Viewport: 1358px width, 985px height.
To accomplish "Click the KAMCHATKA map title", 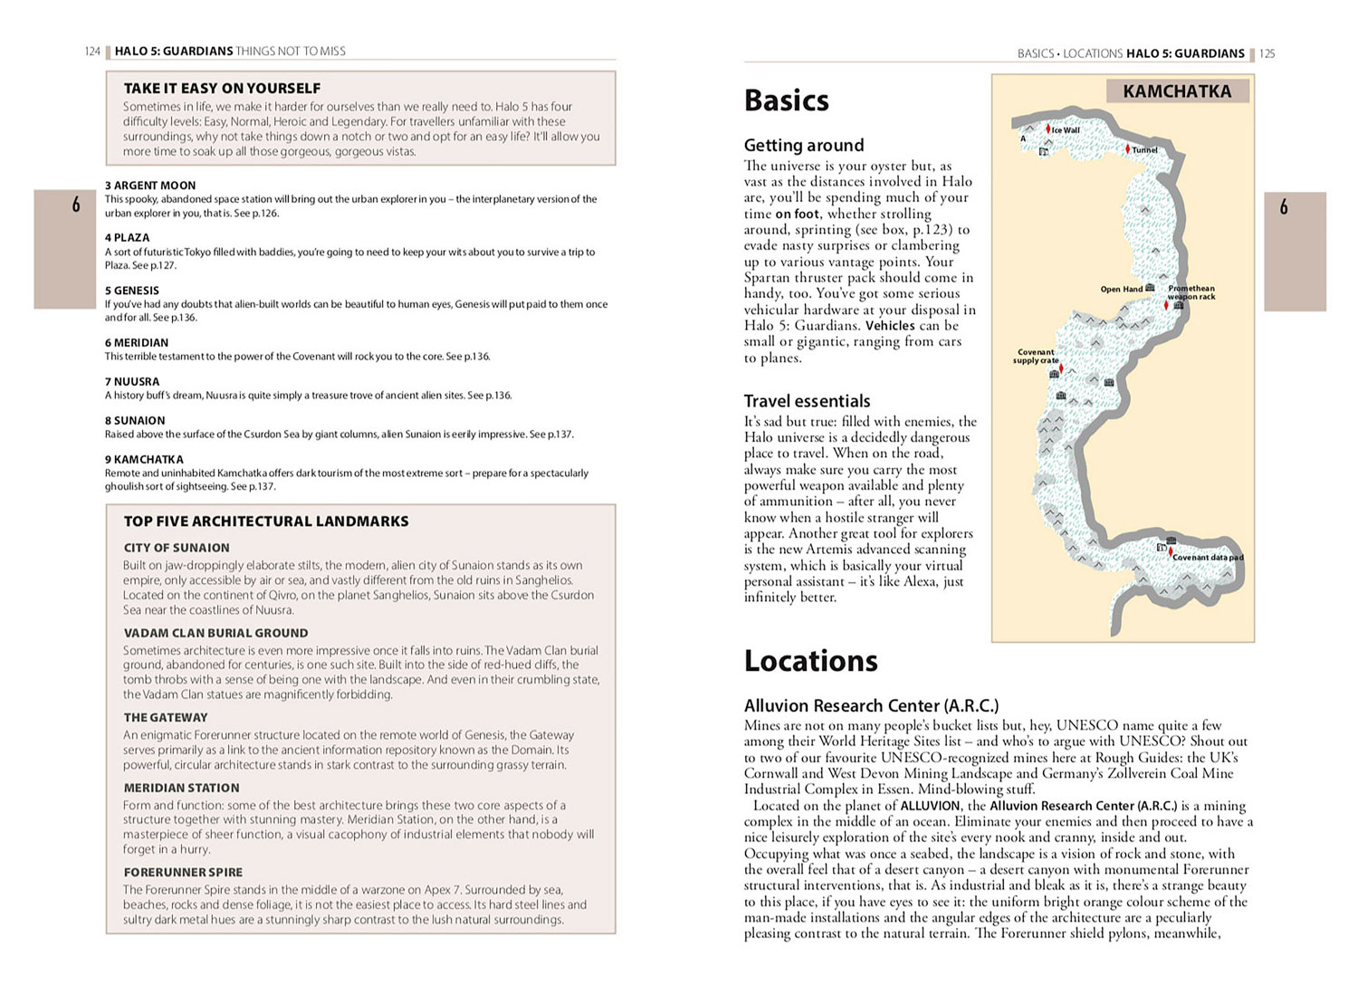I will [1176, 91].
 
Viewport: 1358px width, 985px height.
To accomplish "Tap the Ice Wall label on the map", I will [1066, 130].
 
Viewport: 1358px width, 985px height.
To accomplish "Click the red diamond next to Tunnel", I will [1127, 149].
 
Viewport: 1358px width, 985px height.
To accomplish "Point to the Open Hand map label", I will [1121, 290].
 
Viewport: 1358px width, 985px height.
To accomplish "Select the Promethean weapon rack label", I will [1191, 292].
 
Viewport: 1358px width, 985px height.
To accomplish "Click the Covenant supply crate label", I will [1036, 356].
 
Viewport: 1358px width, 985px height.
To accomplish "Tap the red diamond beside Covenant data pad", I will [1170, 551].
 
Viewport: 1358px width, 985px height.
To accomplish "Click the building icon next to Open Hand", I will [1151, 288].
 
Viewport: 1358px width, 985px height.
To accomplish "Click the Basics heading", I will [786, 100].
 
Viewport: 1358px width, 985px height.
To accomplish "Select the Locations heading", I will [810, 661].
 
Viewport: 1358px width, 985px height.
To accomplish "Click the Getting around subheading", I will [803, 145].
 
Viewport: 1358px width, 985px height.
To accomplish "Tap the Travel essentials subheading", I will [807, 401].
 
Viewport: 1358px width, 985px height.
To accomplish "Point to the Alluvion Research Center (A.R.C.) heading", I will [871, 705].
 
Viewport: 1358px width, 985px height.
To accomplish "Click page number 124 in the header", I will [92, 52].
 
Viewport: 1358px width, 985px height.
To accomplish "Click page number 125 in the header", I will [1267, 53].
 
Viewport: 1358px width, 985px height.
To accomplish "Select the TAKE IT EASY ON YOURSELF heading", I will [222, 88].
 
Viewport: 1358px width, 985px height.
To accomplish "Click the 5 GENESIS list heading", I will [132, 291].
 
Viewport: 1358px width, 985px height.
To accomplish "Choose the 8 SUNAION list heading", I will [135, 420].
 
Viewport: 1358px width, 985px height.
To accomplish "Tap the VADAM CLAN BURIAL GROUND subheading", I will [215, 633].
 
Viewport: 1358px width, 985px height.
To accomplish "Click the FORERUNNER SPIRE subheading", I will [183, 872].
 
